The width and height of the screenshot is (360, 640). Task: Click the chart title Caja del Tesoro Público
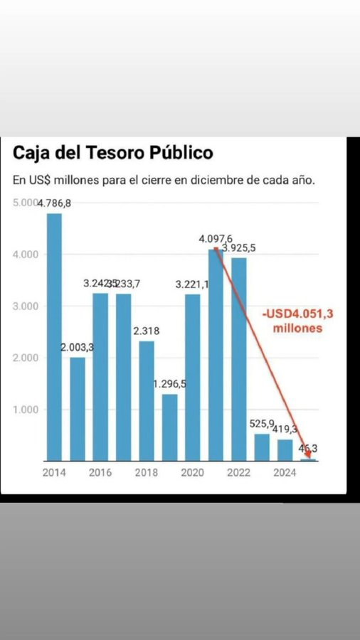pyautogui.click(x=112, y=153)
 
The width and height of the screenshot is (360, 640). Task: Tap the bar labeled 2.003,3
pyautogui.click(x=77, y=408)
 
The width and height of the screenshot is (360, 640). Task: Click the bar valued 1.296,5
pyautogui.click(x=169, y=427)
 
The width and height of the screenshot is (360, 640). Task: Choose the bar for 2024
pyautogui.click(x=285, y=449)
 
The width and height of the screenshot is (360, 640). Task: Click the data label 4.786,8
pyautogui.click(x=55, y=203)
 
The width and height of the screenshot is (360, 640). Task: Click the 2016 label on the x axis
pyautogui.click(x=100, y=472)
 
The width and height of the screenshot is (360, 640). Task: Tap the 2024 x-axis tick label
pyautogui.click(x=285, y=472)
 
